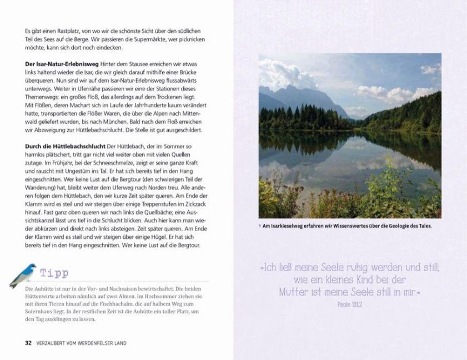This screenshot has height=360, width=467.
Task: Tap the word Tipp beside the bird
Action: [x=54, y=273]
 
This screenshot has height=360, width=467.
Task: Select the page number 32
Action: [x=28, y=343]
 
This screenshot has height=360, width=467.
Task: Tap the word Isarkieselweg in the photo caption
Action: [x=292, y=226]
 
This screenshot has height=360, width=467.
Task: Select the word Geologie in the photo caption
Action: [x=390, y=226]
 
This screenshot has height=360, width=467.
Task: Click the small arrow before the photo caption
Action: [x=261, y=226]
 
